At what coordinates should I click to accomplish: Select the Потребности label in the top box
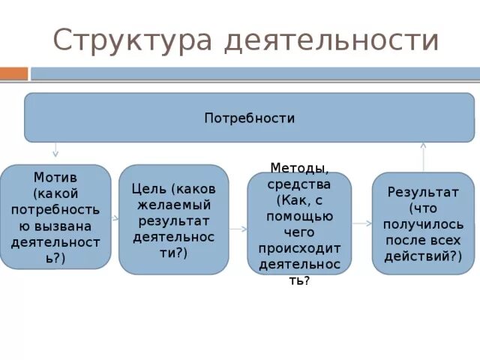250,118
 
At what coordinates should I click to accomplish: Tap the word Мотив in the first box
55,178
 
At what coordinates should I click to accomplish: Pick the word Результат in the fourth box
423,192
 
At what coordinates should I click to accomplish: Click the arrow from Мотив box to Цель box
115,218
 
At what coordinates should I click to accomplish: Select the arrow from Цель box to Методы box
238,228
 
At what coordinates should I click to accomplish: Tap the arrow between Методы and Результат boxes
362,223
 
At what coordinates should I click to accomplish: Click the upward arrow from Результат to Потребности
423,156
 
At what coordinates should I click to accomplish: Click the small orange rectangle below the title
13,73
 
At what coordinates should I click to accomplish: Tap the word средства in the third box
299,184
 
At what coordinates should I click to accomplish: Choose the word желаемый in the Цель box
173,204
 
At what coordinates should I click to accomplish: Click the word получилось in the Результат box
423,224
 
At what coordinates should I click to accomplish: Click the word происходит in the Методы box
299,248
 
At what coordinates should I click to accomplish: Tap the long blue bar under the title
255,73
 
